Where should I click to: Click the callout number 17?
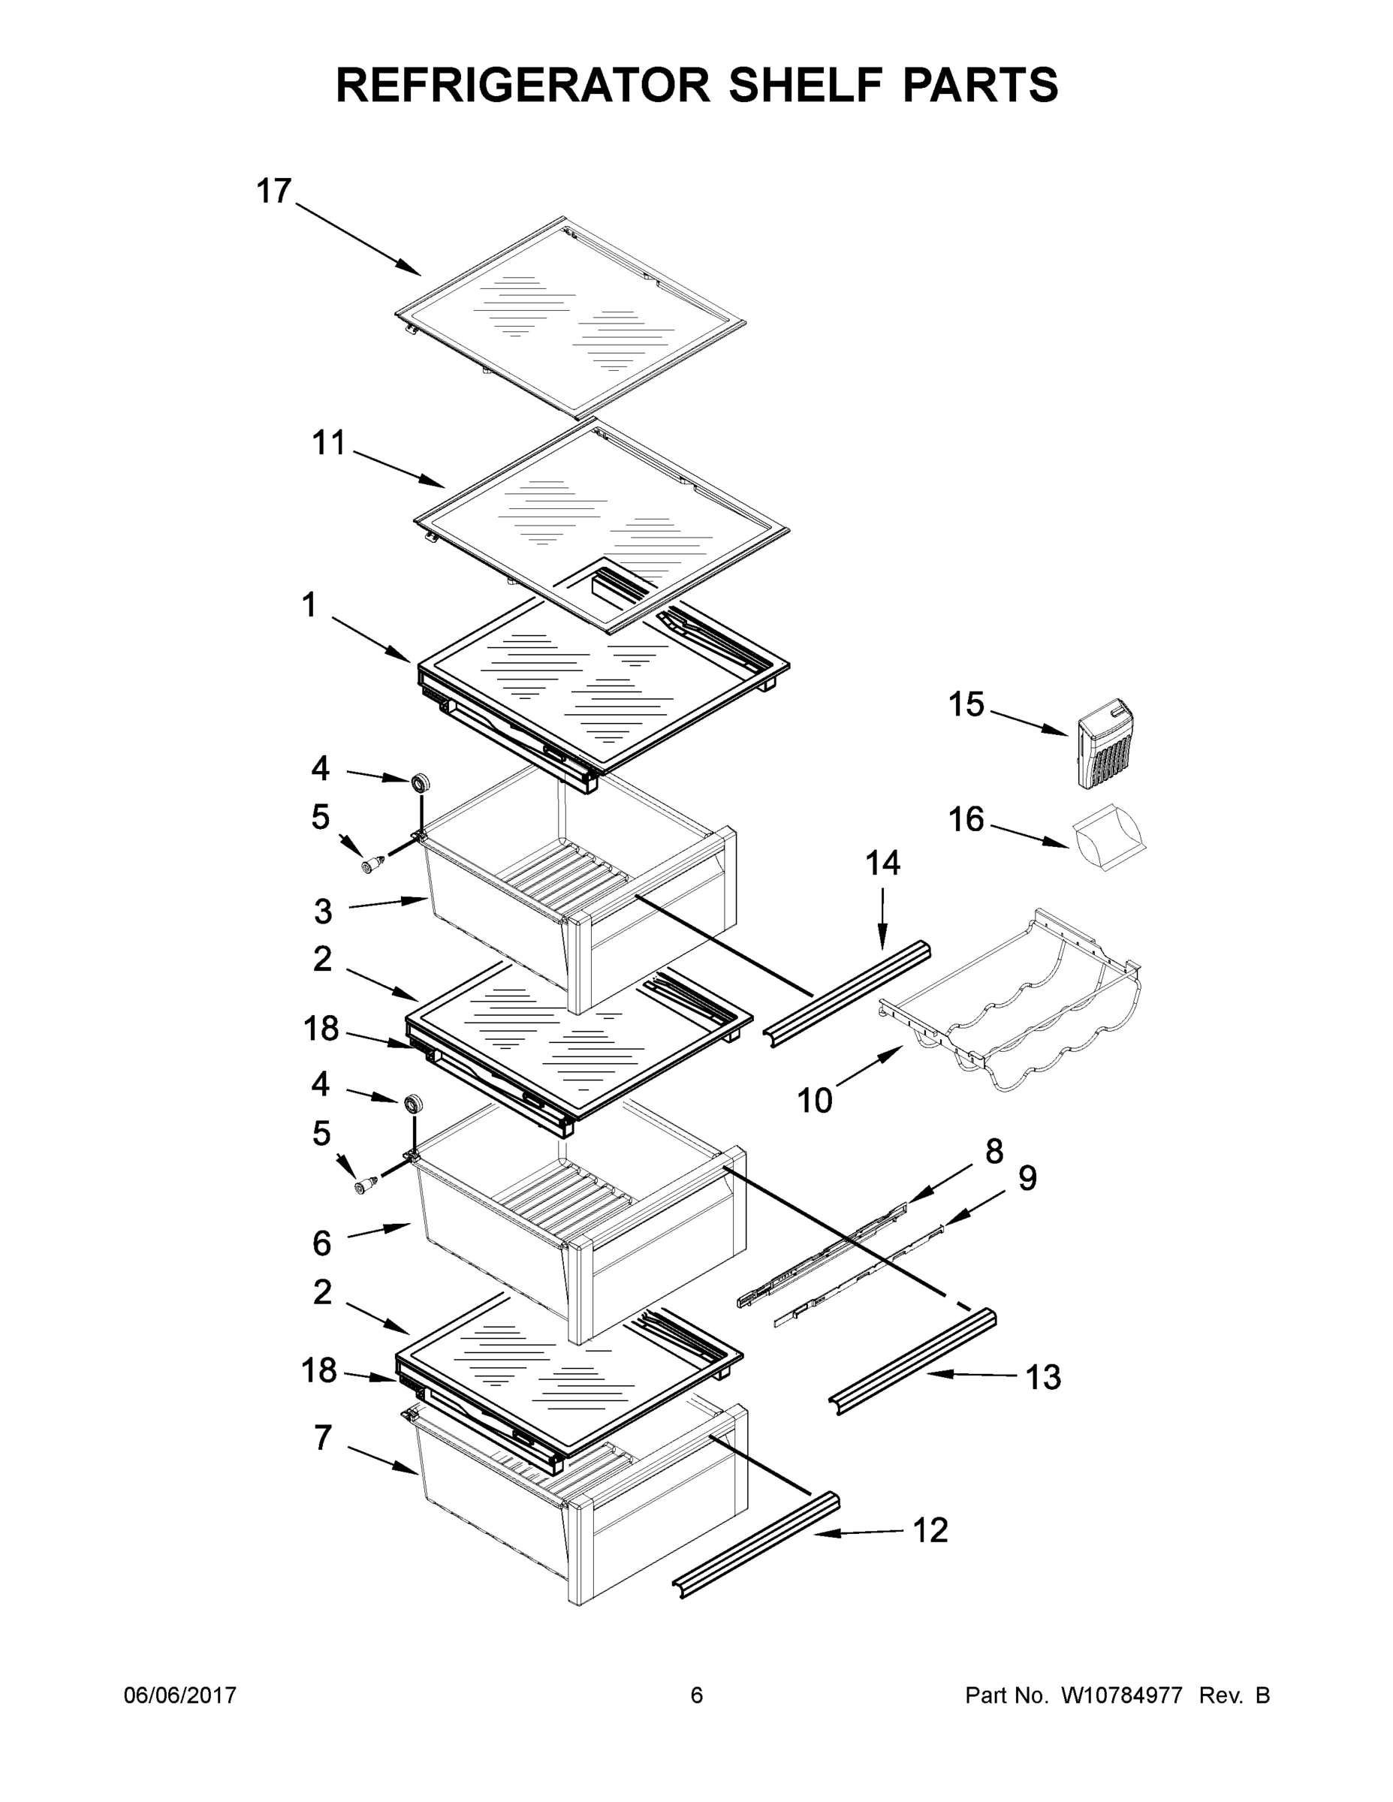(274, 191)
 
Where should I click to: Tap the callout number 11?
(328, 443)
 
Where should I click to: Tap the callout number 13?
(1042, 1377)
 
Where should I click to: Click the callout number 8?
(993, 1151)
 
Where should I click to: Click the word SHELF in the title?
(798, 85)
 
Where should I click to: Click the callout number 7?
(323, 1437)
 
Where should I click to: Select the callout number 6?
(322, 1243)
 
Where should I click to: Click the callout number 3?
(323, 912)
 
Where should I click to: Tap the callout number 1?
(309, 606)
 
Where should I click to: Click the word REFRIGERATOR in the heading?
(523, 85)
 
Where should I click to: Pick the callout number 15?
(966, 704)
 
